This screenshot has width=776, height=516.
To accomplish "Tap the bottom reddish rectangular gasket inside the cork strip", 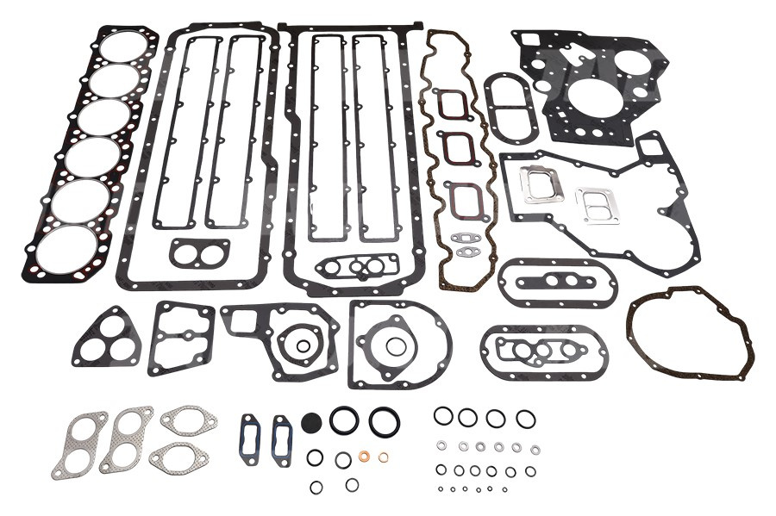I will [462, 197].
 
